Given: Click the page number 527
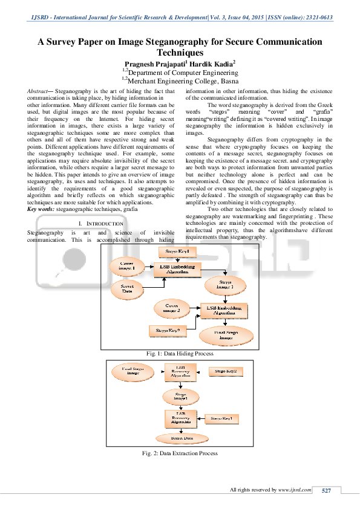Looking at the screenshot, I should coord(326,490).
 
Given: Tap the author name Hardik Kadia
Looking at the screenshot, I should coord(212,63).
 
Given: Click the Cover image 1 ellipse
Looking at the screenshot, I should coord(128,265).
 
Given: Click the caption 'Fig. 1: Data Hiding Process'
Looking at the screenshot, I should coord(180,354).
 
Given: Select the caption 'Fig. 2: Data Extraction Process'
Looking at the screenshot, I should coord(180,453).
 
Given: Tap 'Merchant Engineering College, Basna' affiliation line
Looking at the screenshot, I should coord(180,80).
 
